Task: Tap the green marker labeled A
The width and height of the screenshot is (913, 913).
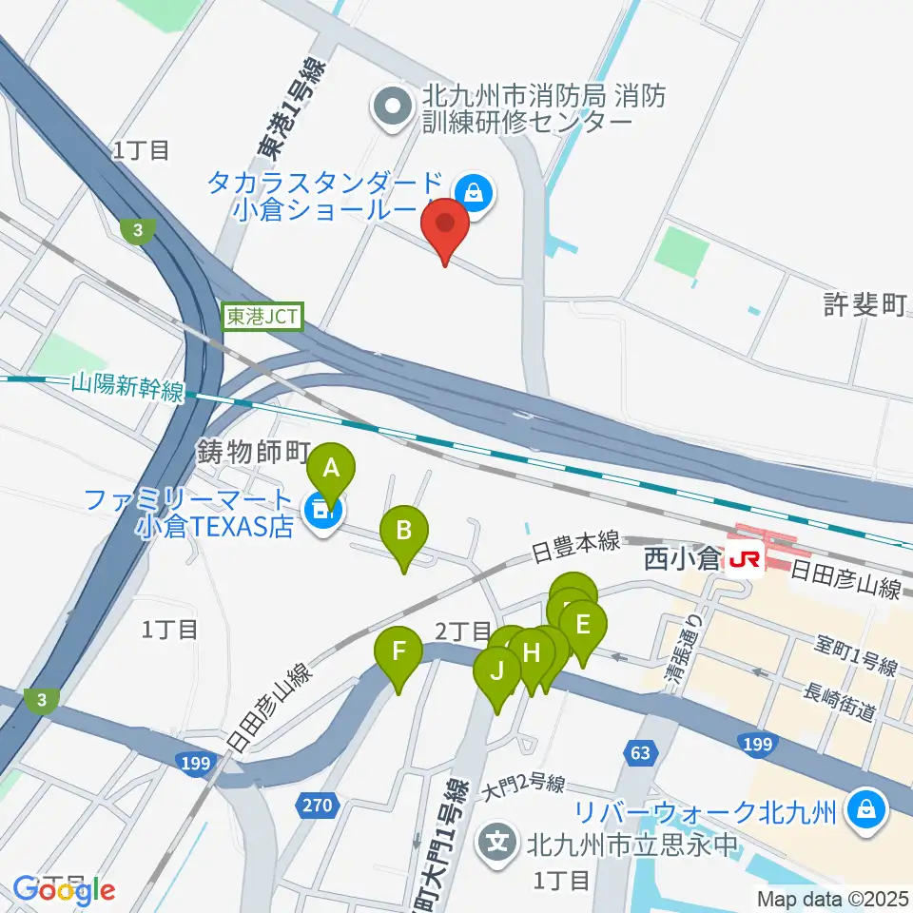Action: tap(331, 469)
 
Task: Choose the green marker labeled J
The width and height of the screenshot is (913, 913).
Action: tap(496, 671)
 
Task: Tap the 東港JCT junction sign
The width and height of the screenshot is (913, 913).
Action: tap(263, 317)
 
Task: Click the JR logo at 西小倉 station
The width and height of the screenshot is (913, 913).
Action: tap(746, 561)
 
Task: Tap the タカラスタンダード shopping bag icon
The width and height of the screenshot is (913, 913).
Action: tap(473, 194)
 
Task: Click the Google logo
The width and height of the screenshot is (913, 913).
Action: tap(64, 890)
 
